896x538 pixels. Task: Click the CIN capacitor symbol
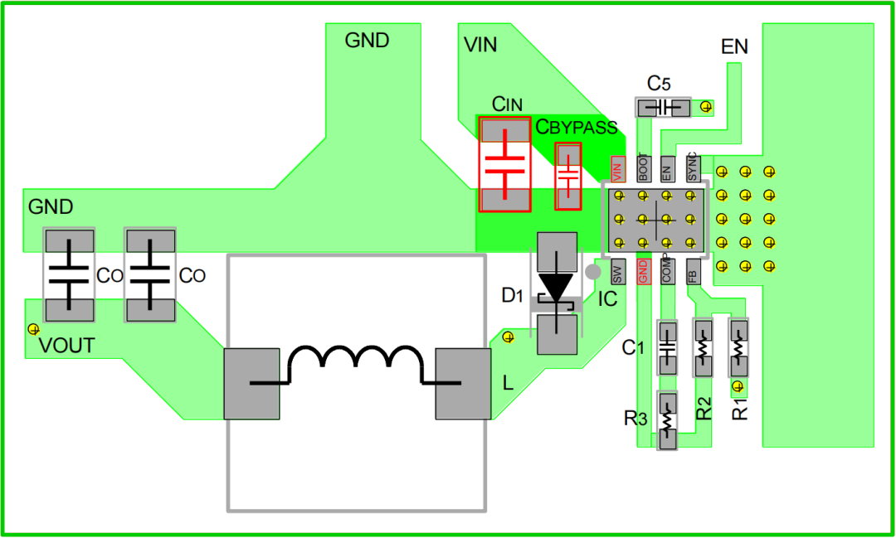point(504,165)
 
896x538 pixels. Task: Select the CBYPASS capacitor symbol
point(568,176)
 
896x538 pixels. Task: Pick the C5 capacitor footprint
point(663,108)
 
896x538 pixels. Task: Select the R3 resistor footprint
point(667,420)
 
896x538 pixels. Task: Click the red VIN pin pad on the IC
point(616,169)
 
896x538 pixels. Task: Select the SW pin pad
point(616,271)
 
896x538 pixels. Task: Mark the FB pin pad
point(693,271)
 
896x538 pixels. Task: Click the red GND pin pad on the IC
point(642,271)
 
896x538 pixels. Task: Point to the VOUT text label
point(67,346)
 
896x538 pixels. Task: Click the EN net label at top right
point(734,47)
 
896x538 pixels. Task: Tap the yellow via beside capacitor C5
point(706,107)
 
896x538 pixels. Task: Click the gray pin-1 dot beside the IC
point(592,271)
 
